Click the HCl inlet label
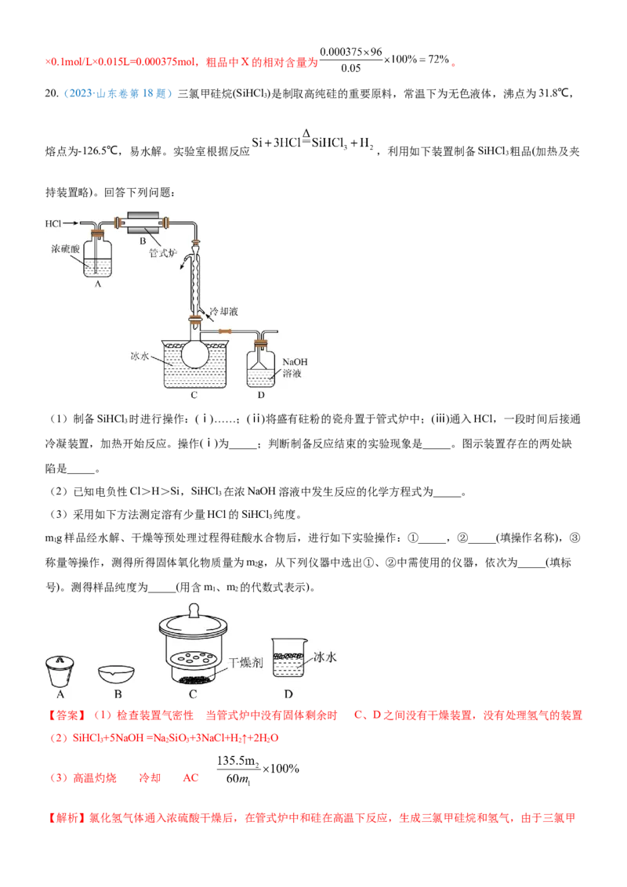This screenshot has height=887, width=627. click(x=53, y=224)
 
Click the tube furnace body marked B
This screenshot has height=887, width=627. click(x=143, y=223)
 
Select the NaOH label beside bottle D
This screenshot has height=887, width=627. click(x=295, y=364)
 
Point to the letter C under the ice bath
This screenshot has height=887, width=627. click(x=194, y=395)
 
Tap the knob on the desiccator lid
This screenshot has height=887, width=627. click(x=194, y=609)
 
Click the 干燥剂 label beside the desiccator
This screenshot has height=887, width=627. click(x=245, y=663)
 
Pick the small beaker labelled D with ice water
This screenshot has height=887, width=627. click(x=288, y=658)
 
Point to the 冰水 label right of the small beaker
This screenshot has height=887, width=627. click(x=324, y=658)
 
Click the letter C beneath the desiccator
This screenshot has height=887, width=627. click(x=193, y=694)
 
